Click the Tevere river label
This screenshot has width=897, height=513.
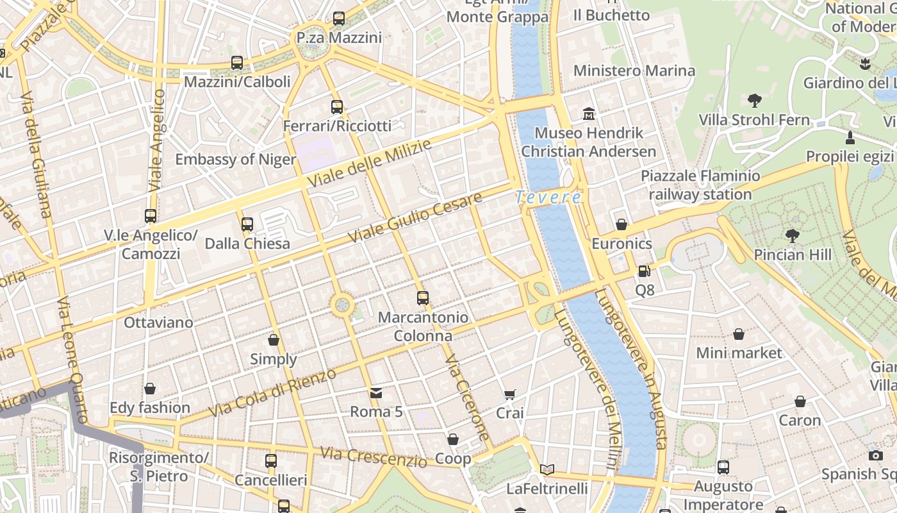click(548, 198)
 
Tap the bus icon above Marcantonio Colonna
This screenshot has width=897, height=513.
click(422, 298)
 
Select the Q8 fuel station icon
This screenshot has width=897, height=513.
click(644, 272)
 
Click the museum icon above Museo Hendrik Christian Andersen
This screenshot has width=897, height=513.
click(589, 115)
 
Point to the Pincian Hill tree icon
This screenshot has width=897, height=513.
click(793, 236)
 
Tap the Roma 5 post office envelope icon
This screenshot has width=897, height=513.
click(376, 393)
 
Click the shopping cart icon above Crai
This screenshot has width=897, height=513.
click(510, 395)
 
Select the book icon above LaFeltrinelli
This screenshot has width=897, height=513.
click(547, 470)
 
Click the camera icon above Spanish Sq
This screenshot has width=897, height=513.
click(876, 455)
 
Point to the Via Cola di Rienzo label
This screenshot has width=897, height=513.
click(272, 392)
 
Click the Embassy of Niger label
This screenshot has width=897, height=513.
click(235, 159)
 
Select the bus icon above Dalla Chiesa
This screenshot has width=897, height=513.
click(247, 224)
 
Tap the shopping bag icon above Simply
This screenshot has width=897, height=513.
click(274, 340)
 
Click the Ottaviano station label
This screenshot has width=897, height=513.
click(158, 322)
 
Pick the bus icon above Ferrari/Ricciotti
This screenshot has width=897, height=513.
click(337, 107)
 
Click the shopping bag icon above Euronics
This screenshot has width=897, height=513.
click(621, 224)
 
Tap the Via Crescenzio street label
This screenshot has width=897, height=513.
click(373, 457)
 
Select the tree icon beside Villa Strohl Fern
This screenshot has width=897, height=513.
click(754, 100)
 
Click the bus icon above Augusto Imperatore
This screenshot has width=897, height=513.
click(723, 467)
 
